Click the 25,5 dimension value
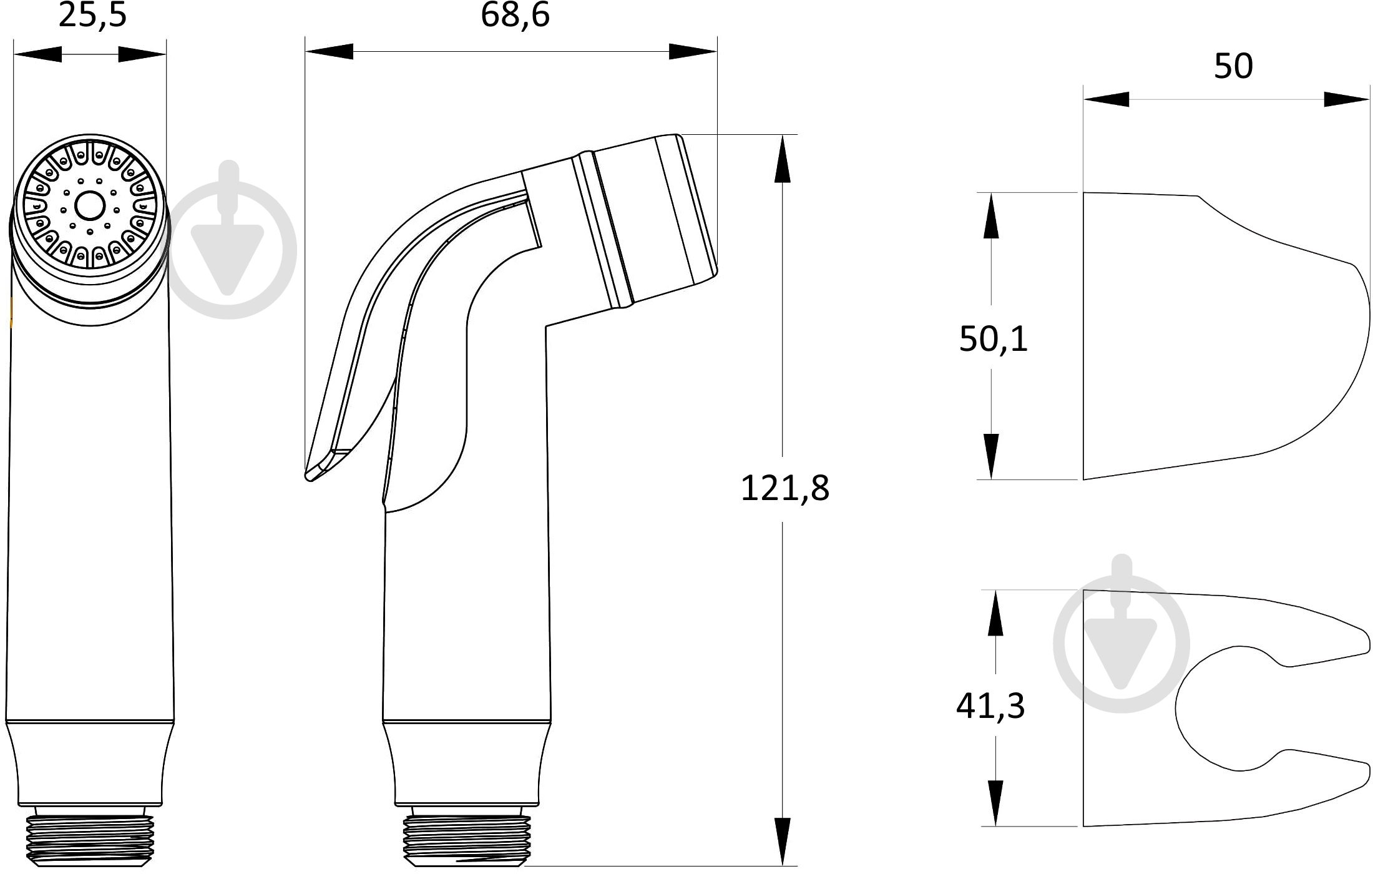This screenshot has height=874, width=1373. tap(92, 15)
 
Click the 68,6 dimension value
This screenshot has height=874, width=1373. tap(515, 15)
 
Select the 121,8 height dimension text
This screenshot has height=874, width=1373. tap(784, 488)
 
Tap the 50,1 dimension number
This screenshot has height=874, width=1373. tap(993, 340)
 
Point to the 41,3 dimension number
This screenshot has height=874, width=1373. tap(990, 706)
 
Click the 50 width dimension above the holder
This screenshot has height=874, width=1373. tap(1233, 66)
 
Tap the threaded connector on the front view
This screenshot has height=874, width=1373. tap(89, 836)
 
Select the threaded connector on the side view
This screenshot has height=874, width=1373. tap(466, 836)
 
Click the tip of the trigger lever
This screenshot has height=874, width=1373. tap(309, 476)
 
